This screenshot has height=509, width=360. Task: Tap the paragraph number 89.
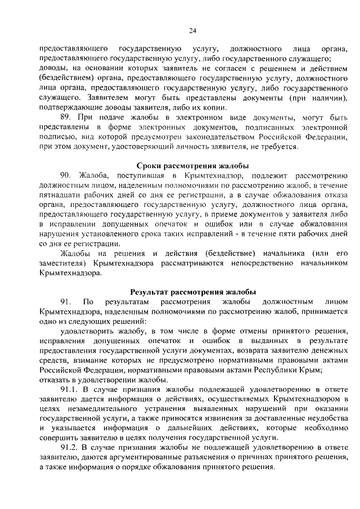[66, 118]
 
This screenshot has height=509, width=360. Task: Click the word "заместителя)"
[63, 263]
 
